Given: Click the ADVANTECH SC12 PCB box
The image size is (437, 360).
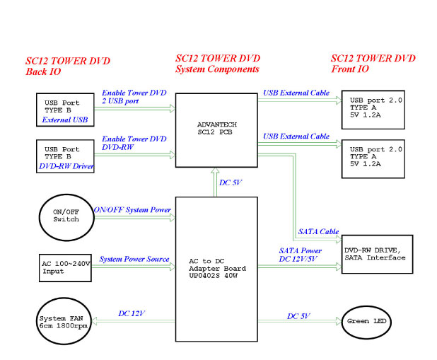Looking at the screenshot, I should click(216, 130).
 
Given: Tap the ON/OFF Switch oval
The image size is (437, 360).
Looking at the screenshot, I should click(66, 215).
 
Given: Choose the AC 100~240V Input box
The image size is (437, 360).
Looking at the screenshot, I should click(66, 266).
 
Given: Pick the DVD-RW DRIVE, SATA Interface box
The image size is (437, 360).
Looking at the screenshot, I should click(377, 253).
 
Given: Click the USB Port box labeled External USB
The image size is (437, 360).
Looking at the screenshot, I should click(66, 110).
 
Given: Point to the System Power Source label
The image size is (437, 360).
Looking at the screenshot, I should click(134, 259).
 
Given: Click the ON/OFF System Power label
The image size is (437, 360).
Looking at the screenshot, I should click(132, 210).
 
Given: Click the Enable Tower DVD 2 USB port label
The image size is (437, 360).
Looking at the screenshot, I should click(134, 97).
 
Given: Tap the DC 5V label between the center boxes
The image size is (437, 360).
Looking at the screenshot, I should click(231, 183).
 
